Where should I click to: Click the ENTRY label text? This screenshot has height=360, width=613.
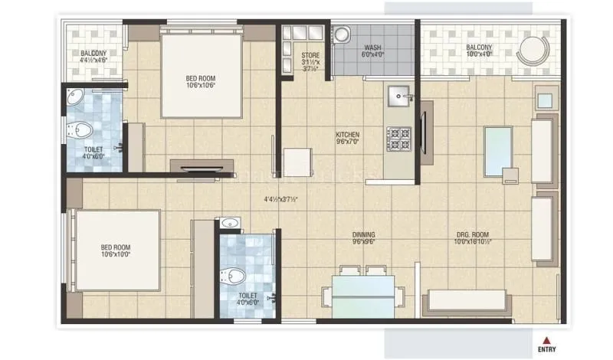tap(547, 350)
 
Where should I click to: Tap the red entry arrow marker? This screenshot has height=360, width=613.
tap(546, 339)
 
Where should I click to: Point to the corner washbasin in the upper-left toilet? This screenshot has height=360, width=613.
tap(76, 97)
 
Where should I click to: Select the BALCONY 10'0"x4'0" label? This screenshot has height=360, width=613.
tap(480, 52)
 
